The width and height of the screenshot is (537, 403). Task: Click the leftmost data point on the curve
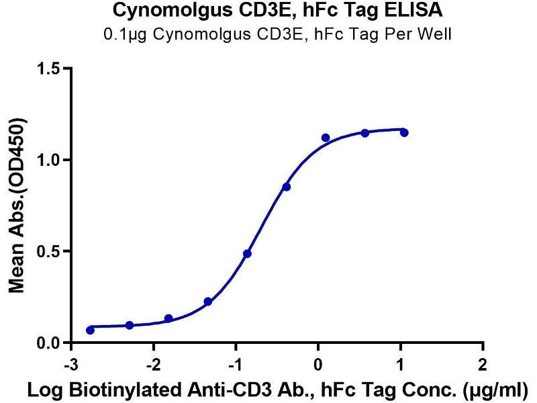pyautogui.click(x=91, y=330)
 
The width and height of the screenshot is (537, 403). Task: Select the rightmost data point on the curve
pyautogui.click(x=404, y=132)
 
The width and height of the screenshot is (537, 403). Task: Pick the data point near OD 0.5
pyautogui.click(x=247, y=254)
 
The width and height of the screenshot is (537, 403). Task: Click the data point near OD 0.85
pyautogui.click(x=287, y=187)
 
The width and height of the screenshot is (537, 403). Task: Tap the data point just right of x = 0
pyautogui.click(x=326, y=138)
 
